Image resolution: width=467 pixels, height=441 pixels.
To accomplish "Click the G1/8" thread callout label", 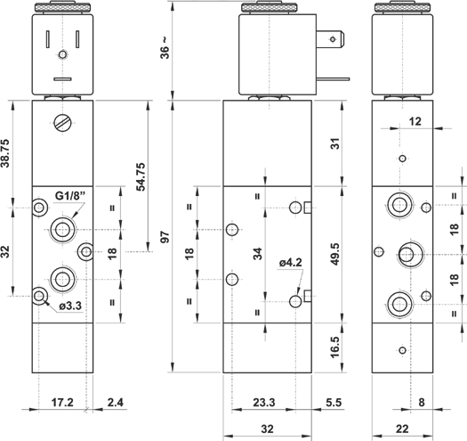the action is [x=70, y=196].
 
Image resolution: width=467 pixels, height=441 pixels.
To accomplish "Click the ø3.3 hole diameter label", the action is [x=70, y=306].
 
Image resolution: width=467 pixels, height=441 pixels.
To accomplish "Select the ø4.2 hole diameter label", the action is [x=290, y=263].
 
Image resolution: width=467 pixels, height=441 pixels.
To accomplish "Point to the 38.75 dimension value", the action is [x=6, y=153].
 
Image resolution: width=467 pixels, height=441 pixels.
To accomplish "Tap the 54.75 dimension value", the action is [x=141, y=176].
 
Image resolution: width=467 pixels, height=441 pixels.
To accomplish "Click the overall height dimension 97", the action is [x=165, y=237].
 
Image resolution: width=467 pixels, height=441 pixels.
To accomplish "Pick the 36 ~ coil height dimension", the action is [x=165, y=48].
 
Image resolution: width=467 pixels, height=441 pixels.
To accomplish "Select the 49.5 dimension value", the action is [x=335, y=254].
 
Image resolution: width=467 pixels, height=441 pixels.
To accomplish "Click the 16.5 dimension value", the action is [x=335, y=347].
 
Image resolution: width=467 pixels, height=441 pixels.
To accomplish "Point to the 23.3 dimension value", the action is [x=264, y=403].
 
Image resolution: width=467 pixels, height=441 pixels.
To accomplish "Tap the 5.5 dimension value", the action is [x=334, y=403].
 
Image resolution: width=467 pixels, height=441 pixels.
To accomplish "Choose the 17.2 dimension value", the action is [x=62, y=403].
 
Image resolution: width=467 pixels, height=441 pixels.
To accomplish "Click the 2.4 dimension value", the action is [x=116, y=403].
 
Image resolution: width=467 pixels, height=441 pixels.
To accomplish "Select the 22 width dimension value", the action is [x=402, y=429].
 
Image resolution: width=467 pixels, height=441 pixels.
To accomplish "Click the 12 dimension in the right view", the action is [x=415, y=121].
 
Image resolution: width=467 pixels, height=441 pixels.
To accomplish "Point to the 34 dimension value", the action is [x=258, y=254].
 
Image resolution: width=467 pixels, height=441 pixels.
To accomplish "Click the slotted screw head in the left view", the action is [x=63, y=123].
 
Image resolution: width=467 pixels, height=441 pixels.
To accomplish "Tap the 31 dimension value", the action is [x=335, y=143].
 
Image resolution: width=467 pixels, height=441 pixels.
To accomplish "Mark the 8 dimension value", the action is [x=422, y=403].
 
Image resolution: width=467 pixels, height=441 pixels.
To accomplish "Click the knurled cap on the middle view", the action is [x=270, y=7].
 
